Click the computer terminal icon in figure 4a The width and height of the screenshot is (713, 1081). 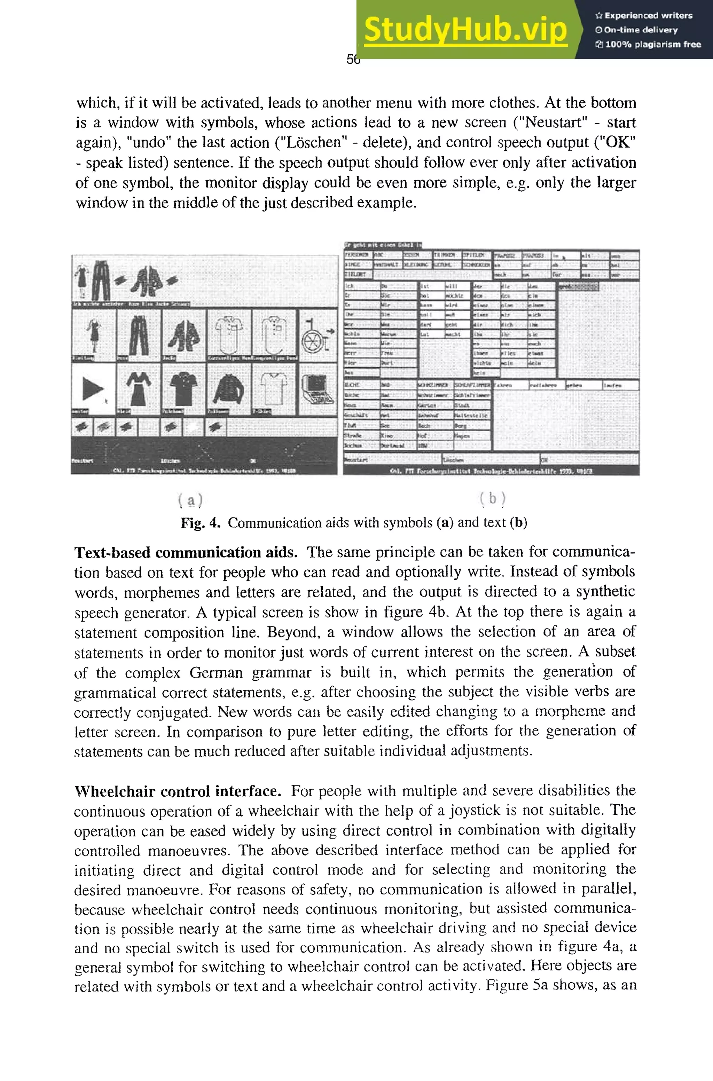point(317,389)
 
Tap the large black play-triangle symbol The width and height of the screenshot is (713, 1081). point(93,389)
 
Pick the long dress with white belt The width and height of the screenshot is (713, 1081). point(138,389)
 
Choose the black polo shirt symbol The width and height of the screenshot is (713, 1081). point(184,389)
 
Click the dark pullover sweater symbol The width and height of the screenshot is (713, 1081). point(229,389)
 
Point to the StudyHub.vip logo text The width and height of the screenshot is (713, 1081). point(465,29)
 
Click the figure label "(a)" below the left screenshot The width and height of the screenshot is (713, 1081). point(190,500)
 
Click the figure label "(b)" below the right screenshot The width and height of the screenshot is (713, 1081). point(492,498)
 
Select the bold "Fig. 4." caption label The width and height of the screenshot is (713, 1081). point(201,523)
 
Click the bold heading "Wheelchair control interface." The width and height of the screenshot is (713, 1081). point(177,791)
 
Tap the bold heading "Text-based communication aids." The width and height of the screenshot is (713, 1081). point(186,553)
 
